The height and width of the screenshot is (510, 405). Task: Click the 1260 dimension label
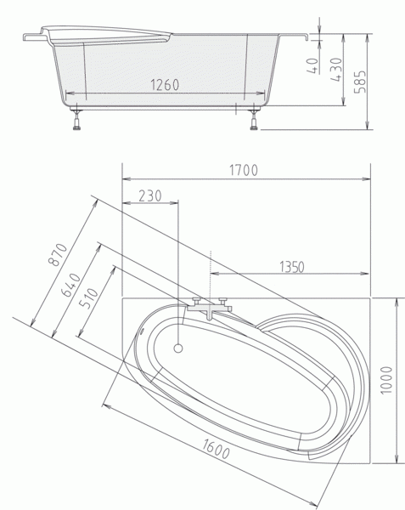[x=165, y=85]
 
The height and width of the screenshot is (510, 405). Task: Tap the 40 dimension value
[x=312, y=65]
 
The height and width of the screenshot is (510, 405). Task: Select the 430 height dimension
[x=336, y=70]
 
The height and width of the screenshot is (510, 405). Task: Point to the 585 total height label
[x=359, y=82]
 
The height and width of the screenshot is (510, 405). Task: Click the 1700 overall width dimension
[x=244, y=170]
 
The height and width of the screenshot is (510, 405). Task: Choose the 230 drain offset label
[x=149, y=195]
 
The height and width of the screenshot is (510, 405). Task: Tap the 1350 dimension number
[x=292, y=267]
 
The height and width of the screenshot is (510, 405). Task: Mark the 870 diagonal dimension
[x=58, y=254]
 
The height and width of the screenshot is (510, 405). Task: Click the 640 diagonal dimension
[x=71, y=286]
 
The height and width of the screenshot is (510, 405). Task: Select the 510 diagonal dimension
[x=88, y=298]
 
